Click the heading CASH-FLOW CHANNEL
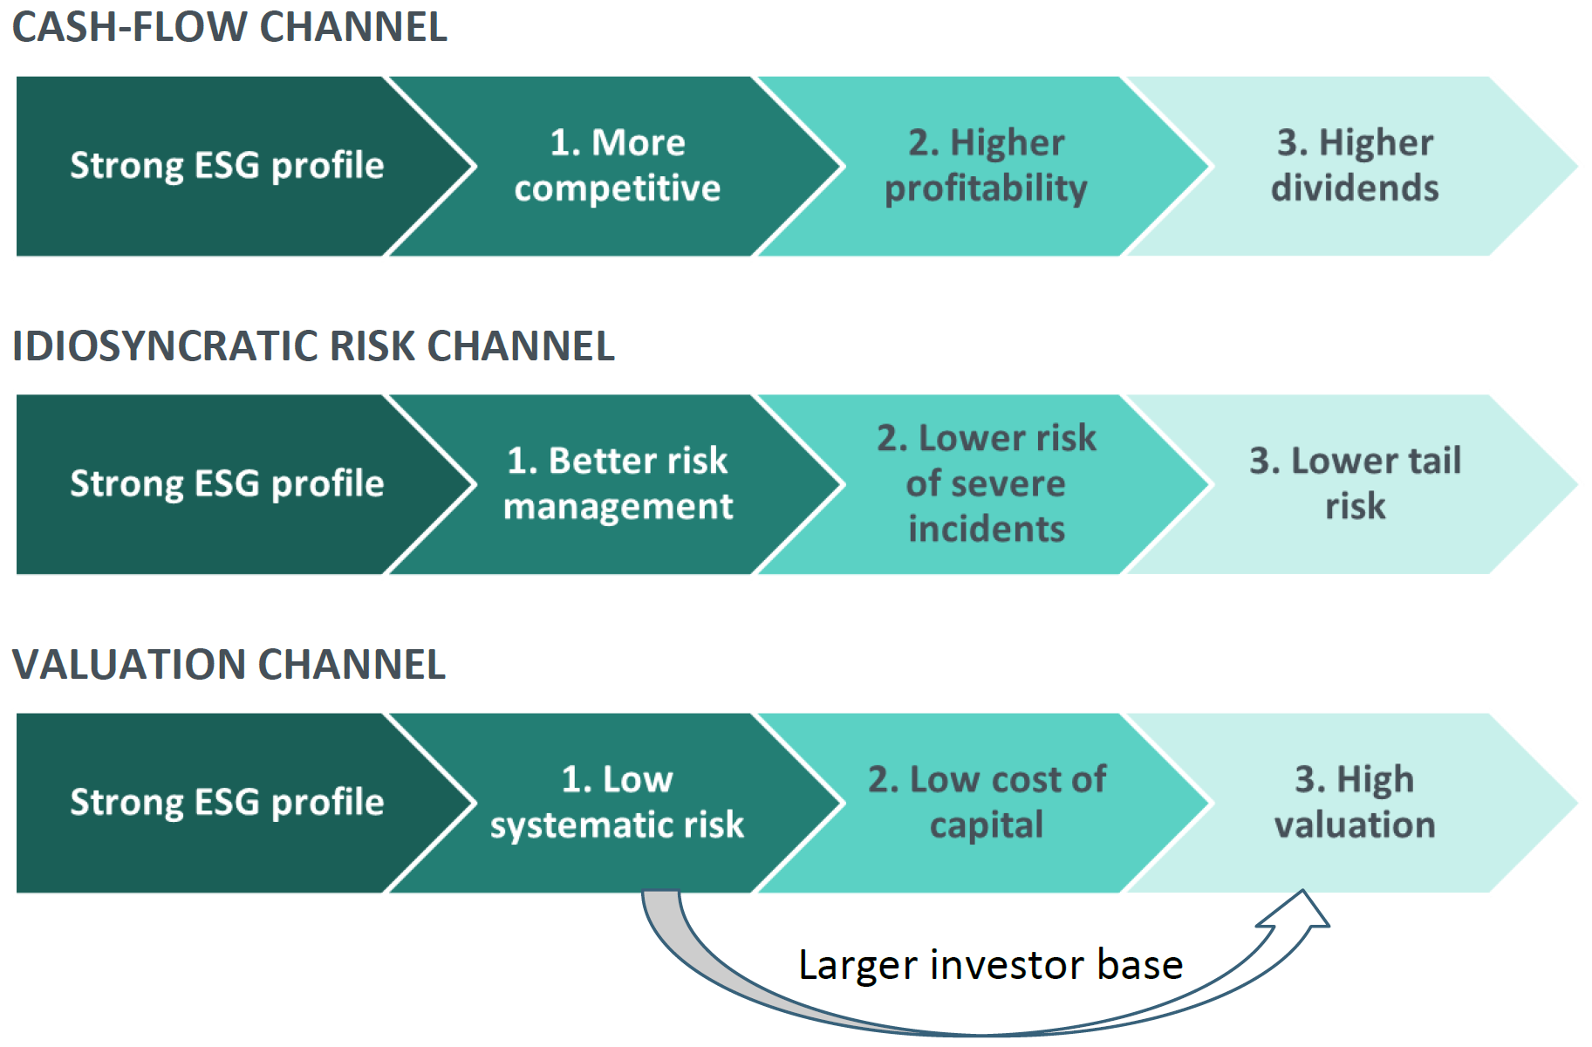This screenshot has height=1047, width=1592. click(x=229, y=26)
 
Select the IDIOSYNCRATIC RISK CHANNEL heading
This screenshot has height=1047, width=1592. click(x=313, y=346)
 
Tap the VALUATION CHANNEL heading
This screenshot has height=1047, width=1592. click(x=229, y=664)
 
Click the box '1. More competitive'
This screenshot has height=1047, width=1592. click(x=617, y=166)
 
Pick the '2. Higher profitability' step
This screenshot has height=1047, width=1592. click(x=986, y=166)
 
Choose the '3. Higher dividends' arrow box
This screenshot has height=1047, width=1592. click(x=1355, y=166)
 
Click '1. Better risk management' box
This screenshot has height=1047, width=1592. click(x=617, y=483)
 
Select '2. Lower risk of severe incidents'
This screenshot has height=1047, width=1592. click(x=986, y=483)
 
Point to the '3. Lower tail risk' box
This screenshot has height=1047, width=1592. click(x=1355, y=483)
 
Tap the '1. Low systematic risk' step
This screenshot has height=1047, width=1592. click(x=617, y=802)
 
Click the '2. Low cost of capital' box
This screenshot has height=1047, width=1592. click(x=986, y=802)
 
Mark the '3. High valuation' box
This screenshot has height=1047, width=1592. click(x=1355, y=802)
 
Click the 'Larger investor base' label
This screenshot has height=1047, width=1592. click(x=990, y=965)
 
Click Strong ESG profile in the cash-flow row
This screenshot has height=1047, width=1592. click(x=227, y=166)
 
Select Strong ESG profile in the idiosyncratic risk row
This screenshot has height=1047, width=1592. click(x=227, y=483)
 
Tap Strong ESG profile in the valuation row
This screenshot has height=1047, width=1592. click(x=227, y=802)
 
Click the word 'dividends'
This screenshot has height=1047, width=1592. click(x=1355, y=188)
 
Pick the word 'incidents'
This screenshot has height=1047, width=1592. click(x=986, y=529)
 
